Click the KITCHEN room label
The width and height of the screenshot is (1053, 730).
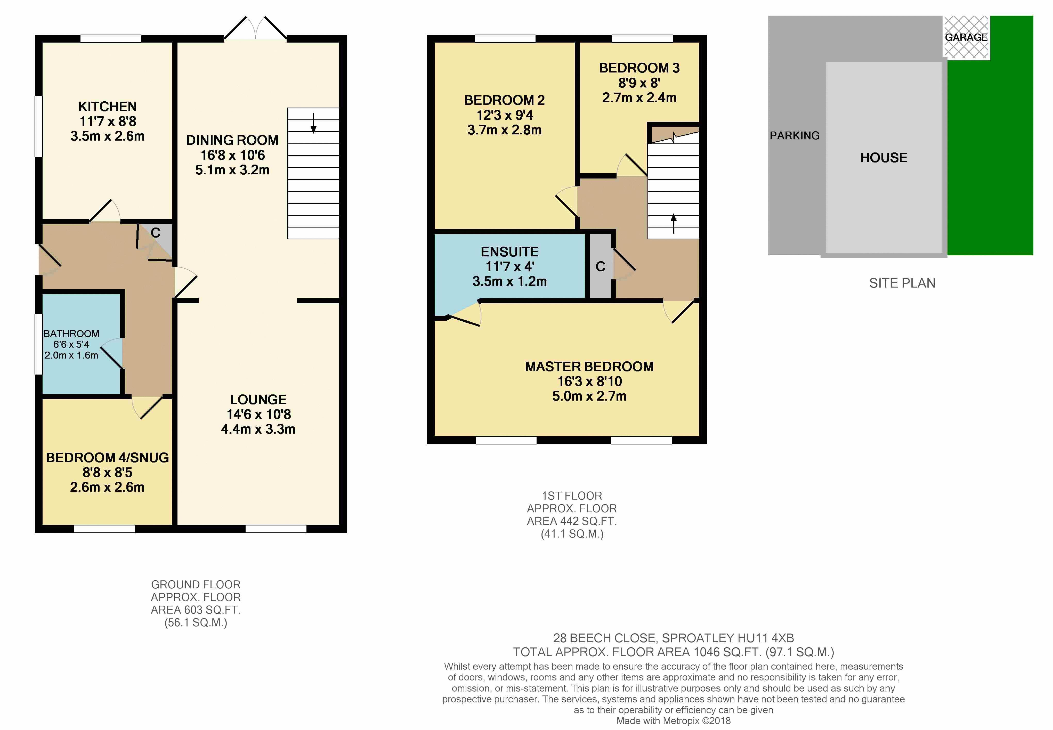coord(108,107)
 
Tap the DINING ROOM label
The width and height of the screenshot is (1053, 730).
coord(232,140)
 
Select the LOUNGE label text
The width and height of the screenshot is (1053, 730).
coord(258,399)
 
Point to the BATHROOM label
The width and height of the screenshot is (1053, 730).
coord(71,334)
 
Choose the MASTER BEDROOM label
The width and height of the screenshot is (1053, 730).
coord(589,366)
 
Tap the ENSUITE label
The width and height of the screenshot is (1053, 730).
coord(509,252)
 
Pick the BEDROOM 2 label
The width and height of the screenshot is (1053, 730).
coord(505,100)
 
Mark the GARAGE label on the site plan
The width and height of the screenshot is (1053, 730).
coord(966,37)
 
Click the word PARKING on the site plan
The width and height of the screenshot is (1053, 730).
coord(795,135)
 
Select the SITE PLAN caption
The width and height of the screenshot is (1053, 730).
coord(902,283)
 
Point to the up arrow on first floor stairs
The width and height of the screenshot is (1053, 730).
coord(673,224)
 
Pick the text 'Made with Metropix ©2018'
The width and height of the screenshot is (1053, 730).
coord(673,721)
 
